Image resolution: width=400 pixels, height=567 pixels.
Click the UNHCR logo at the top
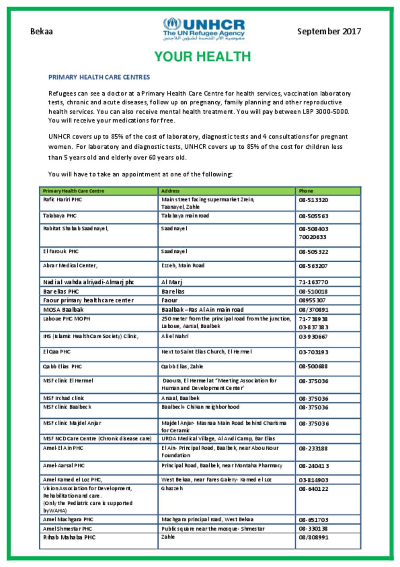coord(204,29)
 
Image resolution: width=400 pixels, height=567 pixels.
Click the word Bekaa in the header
coord(41,31)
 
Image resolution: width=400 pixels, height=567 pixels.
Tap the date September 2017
coord(329,31)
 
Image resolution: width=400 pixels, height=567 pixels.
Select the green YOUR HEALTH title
coord(202,57)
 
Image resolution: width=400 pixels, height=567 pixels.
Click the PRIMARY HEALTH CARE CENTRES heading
coord(99,77)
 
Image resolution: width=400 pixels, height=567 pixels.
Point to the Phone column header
coord(306,191)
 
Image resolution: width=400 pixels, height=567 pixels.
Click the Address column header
coord(170,191)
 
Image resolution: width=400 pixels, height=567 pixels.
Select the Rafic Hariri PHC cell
coord(62,200)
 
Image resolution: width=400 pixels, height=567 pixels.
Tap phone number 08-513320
coord(313,200)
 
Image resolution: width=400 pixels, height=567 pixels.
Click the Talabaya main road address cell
coord(185,216)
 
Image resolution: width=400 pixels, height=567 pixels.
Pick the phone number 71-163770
coord(313,282)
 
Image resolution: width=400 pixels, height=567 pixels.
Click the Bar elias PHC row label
coord(61,292)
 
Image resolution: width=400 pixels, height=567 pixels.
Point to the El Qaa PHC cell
coord(57,352)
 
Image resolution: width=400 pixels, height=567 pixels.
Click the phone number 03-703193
coord(313,352)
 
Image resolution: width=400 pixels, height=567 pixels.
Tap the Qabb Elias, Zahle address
coord(182,367)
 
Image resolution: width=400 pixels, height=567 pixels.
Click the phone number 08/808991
coord(313,538)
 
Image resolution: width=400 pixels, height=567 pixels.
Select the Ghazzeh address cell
coord(172,488)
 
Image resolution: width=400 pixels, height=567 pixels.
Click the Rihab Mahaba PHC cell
coord(69,537)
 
